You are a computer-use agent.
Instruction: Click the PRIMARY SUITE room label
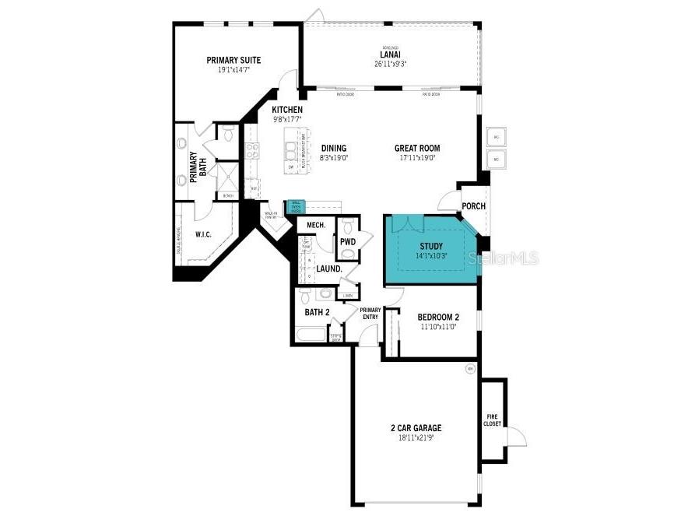233,60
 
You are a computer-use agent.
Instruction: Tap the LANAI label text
390,54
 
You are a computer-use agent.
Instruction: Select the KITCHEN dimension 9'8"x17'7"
287,120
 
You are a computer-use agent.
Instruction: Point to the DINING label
334,149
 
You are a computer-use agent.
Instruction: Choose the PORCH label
473,206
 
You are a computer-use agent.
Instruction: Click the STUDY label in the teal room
431,246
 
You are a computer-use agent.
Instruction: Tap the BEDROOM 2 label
438,317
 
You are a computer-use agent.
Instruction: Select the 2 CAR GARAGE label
416,428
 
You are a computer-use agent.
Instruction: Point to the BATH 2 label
317,312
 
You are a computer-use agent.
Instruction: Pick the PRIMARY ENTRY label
370,313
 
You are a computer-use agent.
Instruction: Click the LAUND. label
329,269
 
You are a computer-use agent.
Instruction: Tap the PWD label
347,242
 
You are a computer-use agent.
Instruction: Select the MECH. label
315,225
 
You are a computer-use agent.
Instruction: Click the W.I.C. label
203,233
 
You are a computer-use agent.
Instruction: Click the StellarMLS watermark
507,258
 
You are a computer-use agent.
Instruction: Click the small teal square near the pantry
296,206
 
